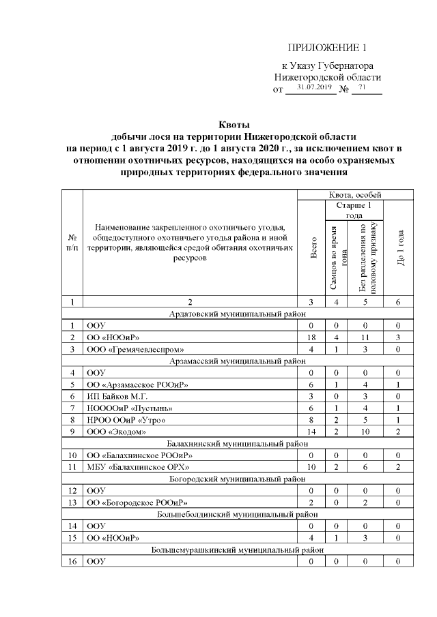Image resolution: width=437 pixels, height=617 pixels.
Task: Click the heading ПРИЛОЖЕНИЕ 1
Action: [x=327, y=48]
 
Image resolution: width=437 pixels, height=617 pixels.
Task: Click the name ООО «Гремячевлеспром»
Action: [x=126, y=350]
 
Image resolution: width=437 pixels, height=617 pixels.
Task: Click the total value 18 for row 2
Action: [x=311, y=337]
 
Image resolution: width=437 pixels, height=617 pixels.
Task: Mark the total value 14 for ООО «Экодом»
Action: [x=311, y=430]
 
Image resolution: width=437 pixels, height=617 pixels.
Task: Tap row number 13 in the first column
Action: [x=72, y=502]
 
